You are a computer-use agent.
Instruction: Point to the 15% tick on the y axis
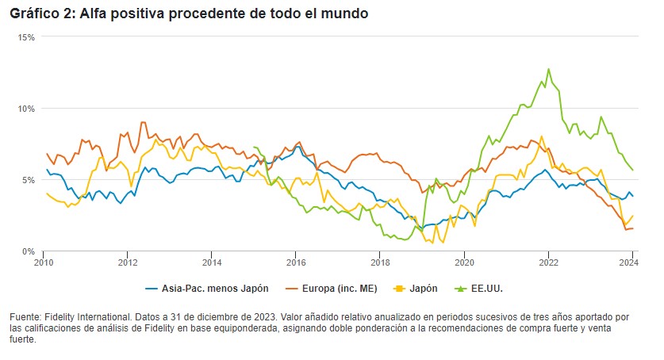click(27, 37)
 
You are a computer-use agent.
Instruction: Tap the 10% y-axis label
click(27, 109)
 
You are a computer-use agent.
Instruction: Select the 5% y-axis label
click(29, 180)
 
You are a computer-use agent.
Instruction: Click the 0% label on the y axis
click(29, 251)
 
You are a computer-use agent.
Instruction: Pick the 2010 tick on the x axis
click(44, 262)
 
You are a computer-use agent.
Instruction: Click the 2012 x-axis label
click(128, 262)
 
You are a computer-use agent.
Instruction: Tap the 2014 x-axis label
click(212, 262)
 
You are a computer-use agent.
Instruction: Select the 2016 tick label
click(296, 262)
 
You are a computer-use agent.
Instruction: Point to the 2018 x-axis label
click(380, 262)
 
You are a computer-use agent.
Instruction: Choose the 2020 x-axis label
click(464, 262)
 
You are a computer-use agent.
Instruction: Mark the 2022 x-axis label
click(548, 262)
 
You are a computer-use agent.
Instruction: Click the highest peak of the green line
click(548, 69)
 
